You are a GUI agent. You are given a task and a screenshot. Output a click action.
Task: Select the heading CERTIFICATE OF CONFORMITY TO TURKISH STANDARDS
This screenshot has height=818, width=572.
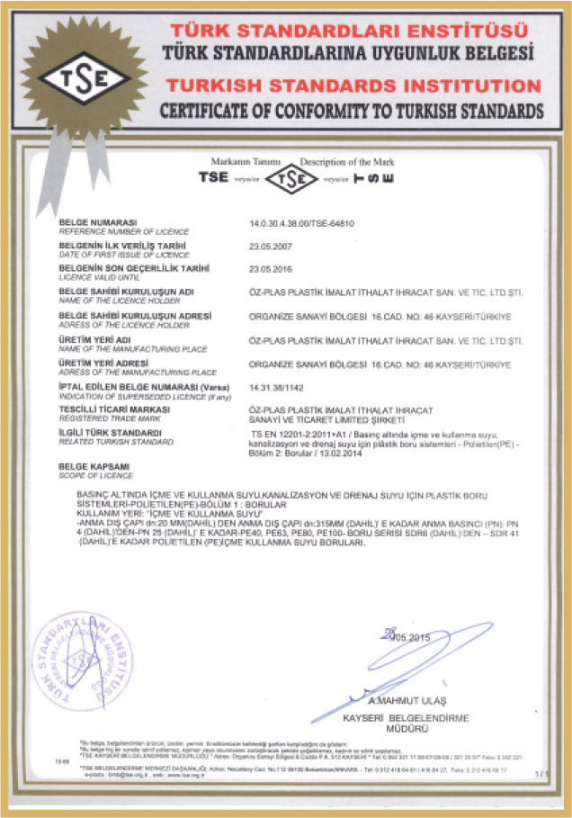[351, 112]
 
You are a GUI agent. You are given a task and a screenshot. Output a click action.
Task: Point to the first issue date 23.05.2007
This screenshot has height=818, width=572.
[272, 245]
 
